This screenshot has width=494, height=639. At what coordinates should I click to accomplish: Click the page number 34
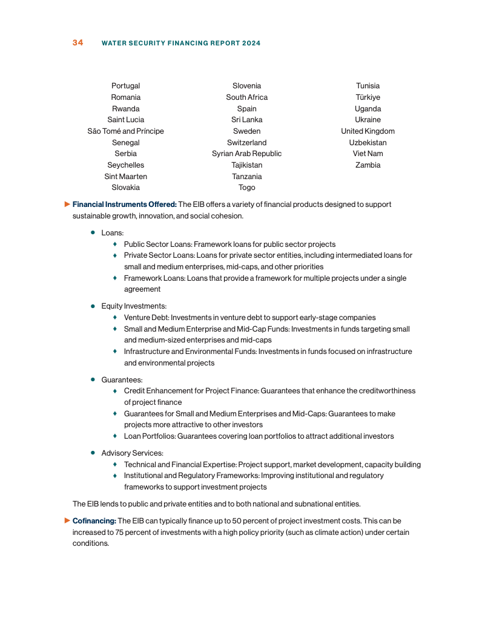[77, 43]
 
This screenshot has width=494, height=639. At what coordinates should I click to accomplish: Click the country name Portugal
[125, 86]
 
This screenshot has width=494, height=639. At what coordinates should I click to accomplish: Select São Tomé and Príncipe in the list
[125, 131]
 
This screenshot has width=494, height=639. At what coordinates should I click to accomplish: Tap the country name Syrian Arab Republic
[246, 154]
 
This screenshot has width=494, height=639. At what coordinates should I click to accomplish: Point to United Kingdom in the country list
[367, 131]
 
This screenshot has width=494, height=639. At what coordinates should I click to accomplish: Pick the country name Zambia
[367, 165]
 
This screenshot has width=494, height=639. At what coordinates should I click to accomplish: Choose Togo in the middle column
[246, 188]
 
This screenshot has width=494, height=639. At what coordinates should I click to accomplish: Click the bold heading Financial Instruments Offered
[124, 205]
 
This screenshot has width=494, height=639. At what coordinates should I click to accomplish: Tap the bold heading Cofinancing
[94, 520]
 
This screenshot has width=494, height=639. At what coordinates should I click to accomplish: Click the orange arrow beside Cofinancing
[68, 520]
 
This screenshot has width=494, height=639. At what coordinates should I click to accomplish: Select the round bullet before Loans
[93, 232]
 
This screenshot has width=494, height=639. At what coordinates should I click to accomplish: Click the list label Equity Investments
[134, 306]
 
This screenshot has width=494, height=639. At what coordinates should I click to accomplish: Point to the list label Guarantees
[122, 380]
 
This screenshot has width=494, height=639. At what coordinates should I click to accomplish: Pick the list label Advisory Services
[132, 453]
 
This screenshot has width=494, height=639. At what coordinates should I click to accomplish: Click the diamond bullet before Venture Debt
[115, 318]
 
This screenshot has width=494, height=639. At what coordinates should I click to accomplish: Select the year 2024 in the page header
[251, 44]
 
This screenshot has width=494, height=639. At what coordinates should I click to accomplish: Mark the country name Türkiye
[367, 97]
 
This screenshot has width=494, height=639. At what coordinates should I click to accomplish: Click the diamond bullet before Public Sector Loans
[115, 244]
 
